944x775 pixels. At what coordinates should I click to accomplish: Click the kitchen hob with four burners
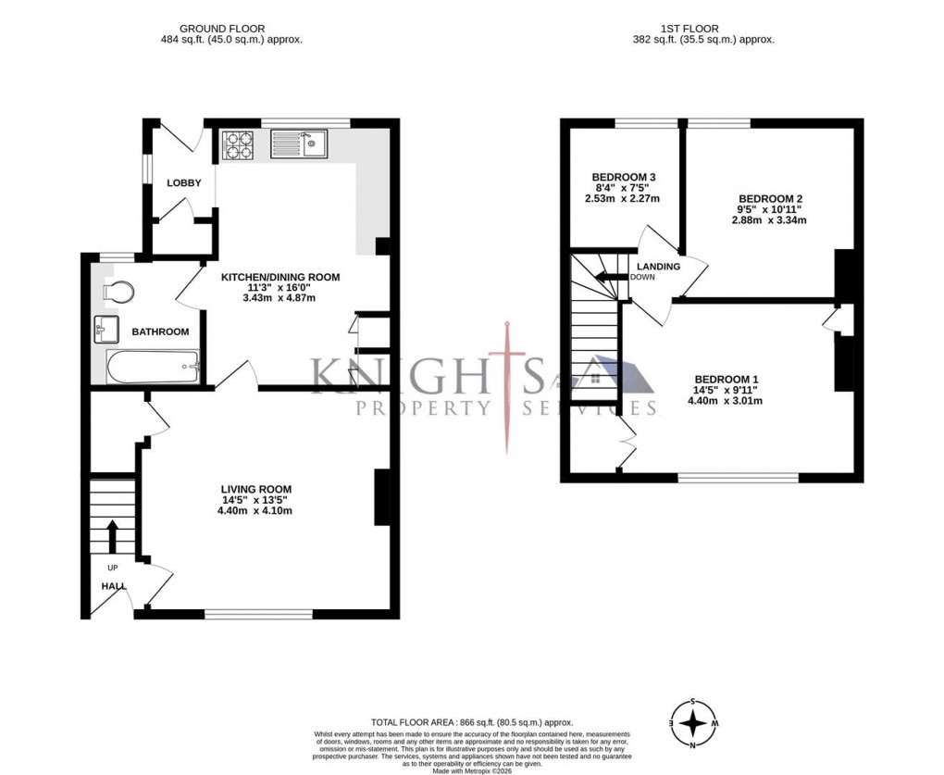click(236, 144)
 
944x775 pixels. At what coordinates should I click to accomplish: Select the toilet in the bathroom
click(118, 291)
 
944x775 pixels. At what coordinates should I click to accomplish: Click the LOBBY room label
click(183, 183)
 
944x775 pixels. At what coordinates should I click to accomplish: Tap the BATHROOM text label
click(160, 331)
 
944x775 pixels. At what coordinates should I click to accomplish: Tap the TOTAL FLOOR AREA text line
click(472, 722)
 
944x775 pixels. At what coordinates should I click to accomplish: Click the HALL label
click(114, 585)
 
